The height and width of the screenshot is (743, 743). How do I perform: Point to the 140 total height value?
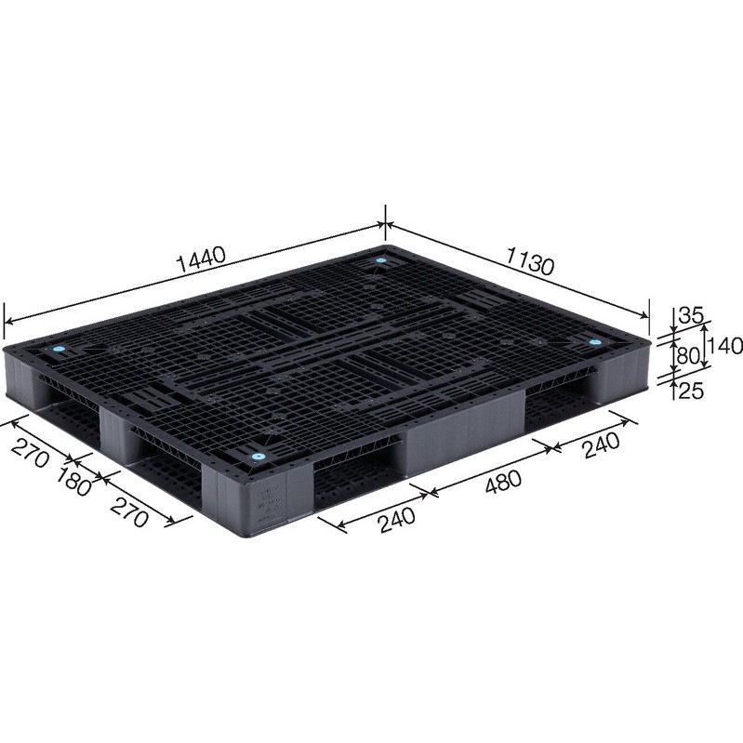[725, 346]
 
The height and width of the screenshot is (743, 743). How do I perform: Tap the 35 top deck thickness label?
[689, 315]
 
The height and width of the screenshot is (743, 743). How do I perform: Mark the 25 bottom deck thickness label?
[688, 391]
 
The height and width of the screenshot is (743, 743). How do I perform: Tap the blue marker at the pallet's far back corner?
[382, 261]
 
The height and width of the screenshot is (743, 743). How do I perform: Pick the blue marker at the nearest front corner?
[259, 458]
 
